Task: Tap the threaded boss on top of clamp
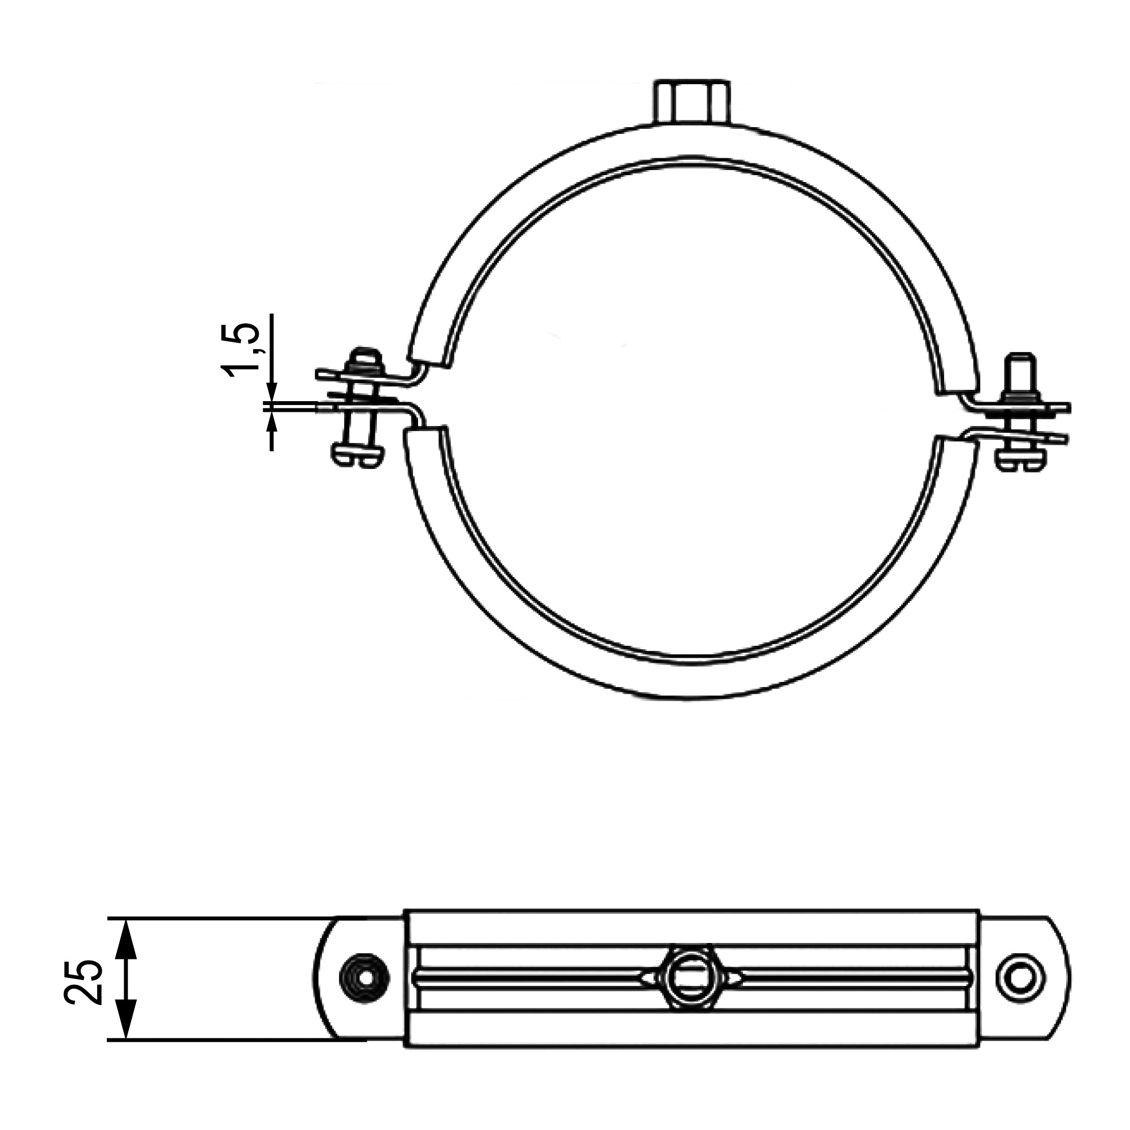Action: pyautogui.click(x=692, y=102)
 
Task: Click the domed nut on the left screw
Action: pyautogui.click(x=366, y=362)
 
